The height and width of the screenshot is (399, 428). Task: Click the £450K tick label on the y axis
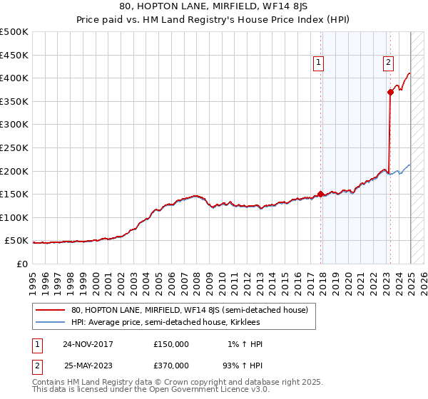pyautogui.click(x=14, y=54)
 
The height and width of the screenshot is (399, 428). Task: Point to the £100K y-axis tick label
pyautogui.click(x=14, y=217)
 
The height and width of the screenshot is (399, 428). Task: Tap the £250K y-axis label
pyautogui.click(x=14, y=147)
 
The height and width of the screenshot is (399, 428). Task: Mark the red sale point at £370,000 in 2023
pyautogui.click(x=390, y=91)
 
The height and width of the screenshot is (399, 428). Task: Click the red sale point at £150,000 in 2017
pyautogui.click(x=321, y=193)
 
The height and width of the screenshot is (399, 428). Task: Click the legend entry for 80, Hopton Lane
pyautogui.click(x=189, y=310)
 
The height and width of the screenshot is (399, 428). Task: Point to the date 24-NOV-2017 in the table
pyautogui.click(x=88, y=344)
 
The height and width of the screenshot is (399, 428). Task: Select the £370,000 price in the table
pyautogui.click(x=171, y=365)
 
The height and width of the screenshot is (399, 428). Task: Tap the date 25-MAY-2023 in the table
pyautogui.click(x=88, y=365)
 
